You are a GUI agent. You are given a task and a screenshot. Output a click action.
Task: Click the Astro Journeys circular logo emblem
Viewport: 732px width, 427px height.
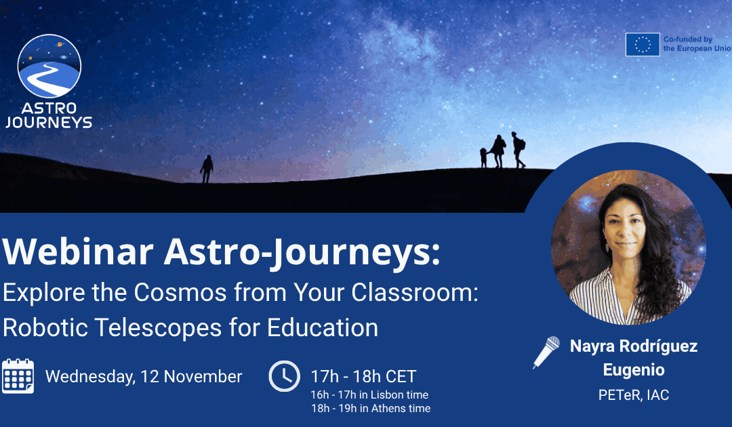coord(49,66)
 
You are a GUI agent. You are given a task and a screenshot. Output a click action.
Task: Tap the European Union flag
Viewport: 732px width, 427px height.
coord(642,45)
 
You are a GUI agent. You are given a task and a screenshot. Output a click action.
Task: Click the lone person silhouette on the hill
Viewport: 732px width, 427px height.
coord(207,169)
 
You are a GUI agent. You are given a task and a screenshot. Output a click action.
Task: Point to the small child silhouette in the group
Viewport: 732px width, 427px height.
coord(483,157)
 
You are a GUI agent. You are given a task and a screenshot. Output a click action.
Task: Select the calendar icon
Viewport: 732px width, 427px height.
coord(18,376)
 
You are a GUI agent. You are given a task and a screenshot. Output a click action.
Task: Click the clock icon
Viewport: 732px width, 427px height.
coord(284,376)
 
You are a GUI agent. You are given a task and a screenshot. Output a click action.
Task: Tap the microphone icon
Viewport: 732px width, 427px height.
coord(546,351)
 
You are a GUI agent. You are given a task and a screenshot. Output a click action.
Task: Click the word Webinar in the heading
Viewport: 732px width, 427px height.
coord(77,252)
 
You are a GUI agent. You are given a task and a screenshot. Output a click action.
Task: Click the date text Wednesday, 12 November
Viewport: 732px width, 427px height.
coord(144,377)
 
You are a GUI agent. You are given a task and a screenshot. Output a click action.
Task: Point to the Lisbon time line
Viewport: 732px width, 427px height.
coord(369,394)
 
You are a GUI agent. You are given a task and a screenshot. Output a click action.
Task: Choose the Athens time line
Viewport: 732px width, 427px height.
coord(370,408)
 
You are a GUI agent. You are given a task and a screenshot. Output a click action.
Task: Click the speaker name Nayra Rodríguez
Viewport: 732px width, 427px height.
coord(633,346)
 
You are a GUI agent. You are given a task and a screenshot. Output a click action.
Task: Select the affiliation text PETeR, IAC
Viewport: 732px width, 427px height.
coord(633,395)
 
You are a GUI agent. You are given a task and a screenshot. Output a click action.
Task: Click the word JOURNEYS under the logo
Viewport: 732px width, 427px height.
coord(49,123)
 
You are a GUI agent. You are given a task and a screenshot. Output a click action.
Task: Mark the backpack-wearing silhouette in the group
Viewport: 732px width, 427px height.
coord(518,150)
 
